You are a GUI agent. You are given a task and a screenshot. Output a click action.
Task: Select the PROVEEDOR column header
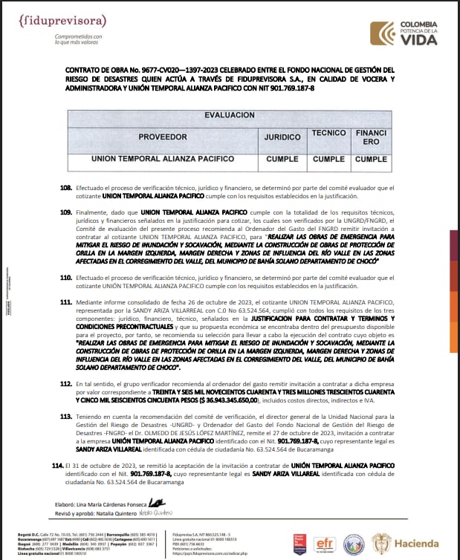162,137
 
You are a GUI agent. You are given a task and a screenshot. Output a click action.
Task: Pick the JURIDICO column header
282,137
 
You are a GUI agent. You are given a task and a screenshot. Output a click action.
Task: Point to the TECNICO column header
329,133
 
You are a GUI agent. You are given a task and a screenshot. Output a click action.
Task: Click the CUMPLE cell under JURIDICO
282,159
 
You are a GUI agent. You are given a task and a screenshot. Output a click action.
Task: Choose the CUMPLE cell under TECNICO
328,159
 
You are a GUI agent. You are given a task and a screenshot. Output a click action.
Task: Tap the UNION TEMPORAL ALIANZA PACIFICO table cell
162,159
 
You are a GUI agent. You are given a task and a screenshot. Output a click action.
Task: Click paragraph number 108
66,188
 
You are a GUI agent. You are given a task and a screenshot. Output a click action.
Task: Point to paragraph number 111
66,303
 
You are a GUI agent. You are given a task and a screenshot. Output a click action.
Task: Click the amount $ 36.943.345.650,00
221,399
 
